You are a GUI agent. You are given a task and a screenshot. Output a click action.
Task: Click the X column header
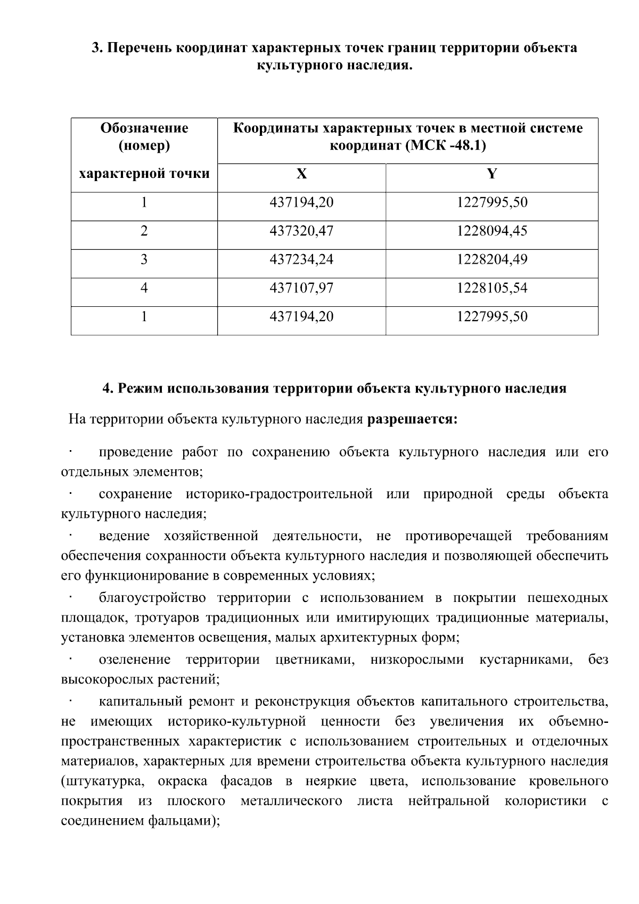point(301,174)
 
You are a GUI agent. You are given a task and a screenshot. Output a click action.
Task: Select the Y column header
point(491,174)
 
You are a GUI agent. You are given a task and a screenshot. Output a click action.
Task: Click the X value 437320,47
point(301,231)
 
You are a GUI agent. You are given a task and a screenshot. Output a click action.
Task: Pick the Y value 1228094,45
point(491,231)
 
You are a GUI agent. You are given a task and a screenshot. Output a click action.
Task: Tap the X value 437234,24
point(301,260)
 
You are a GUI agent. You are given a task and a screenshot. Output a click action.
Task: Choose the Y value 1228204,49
point(491,260)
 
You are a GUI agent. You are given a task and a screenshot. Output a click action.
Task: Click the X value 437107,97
point(301,288)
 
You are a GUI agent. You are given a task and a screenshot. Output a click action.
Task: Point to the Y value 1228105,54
point(491,288)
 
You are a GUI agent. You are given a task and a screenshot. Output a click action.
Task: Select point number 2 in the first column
point(144,231)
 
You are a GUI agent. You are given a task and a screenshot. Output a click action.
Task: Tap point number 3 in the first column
point(144,260)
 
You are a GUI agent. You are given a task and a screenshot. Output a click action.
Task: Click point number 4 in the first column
point(144,288)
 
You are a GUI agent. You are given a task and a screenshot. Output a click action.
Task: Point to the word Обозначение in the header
point(144,128)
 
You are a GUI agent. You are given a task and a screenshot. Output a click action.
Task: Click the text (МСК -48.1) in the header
point(445,145)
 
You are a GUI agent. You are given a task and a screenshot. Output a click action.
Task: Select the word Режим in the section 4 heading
point(141,388)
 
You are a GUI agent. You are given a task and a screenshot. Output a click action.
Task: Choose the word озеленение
point(135,660)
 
